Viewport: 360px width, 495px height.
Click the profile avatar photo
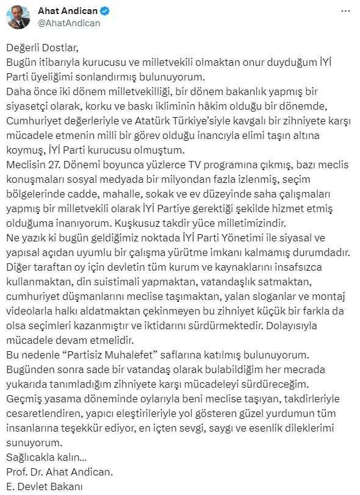click(x=18, y=17)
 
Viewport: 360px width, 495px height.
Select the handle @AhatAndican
click(x=68, y=23)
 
